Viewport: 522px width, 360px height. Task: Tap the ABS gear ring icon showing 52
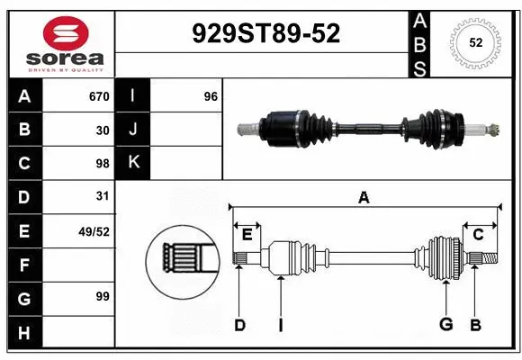click(x=474, y=42)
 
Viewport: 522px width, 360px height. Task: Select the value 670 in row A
click(x=99, y=96)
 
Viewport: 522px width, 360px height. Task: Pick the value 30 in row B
click(x=103, y=130)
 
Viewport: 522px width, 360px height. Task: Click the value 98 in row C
click(x=103, y=164)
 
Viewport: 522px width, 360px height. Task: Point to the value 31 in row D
click(x=103, y=196)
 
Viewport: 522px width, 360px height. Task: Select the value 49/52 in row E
click(x=94, y=231)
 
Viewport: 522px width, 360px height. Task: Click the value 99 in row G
click(x=103, y=296)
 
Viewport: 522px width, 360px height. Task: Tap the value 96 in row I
click(x=211, y=96)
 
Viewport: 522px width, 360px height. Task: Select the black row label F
click(x=24, y=265)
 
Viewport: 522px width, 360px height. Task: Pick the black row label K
click(x=133, y=163)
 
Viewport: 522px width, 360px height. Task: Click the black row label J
click(x=133, y=130)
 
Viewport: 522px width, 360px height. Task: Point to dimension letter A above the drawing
click(x=364, y=197)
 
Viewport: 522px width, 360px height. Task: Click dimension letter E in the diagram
click(x=247, y=235)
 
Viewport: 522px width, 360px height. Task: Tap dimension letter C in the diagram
click(x=478, y=235)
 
